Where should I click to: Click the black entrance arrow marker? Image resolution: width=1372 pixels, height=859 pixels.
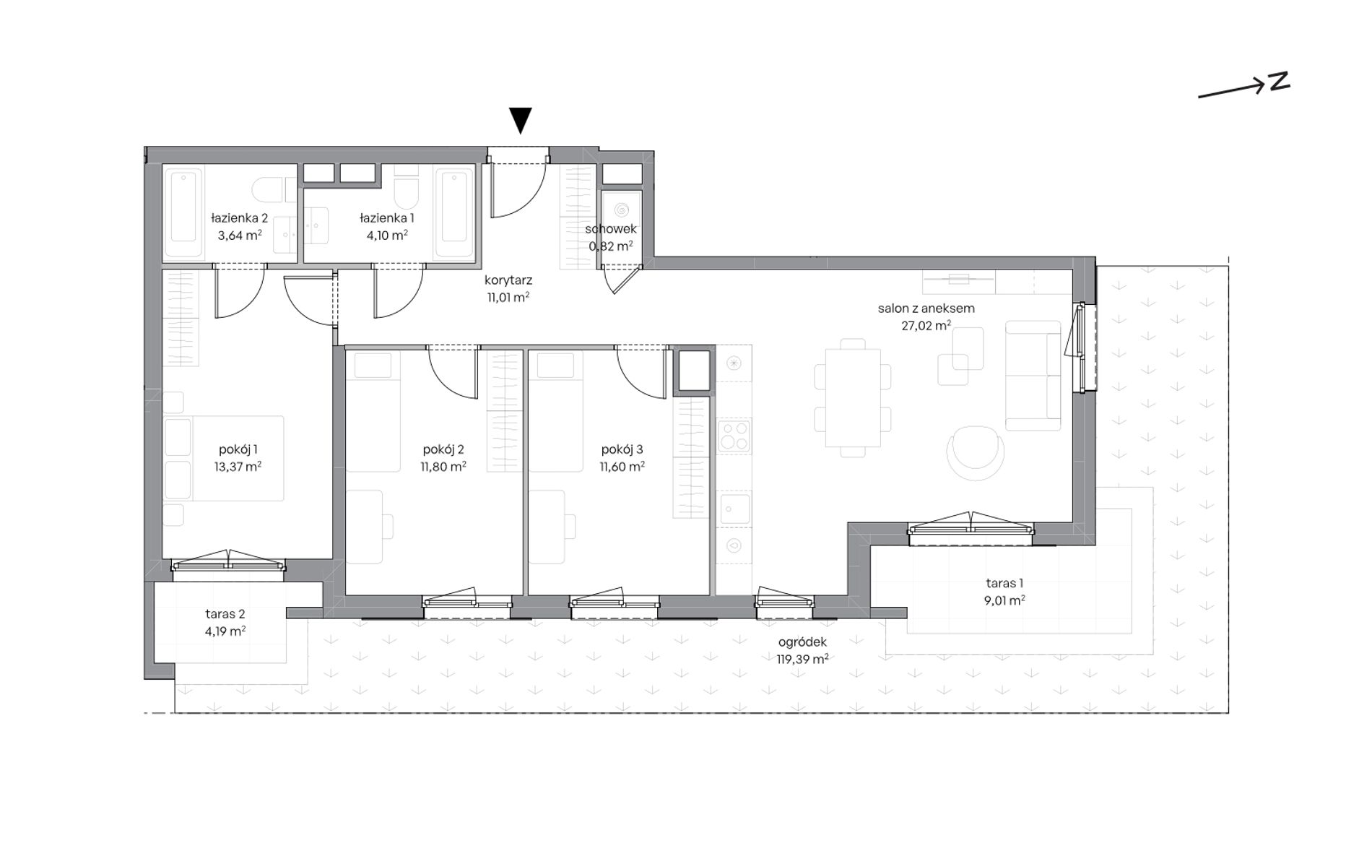tap(520, 120)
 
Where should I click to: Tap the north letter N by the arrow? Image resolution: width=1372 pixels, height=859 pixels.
tap(1280, 82)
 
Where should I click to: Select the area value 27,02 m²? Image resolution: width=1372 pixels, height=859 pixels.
tap(926, 326)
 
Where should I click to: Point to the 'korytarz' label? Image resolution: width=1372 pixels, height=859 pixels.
tap(508, 280)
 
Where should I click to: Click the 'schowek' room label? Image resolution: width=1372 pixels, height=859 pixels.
tap(611, 229)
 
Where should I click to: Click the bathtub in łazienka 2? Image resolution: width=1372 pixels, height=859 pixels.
tap(183, 206)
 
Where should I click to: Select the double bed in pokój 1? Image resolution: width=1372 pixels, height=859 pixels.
tap(224, 458)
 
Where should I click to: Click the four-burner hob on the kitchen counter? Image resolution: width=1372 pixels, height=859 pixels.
tap(734, 436)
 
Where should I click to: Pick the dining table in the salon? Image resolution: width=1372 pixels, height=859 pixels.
tap(853, 398)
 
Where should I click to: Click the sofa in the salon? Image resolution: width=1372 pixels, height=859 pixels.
tap(1033, 376)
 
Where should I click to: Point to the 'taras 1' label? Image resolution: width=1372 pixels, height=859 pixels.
tap(1004, 583)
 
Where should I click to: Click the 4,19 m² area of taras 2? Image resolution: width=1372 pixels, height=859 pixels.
tap(225, 631)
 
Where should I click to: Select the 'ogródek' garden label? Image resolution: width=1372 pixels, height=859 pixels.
tap(802, 642)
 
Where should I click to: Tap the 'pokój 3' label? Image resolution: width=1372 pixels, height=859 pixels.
tap(622, 449)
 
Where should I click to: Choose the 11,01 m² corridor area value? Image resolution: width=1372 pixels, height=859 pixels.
tap(508, 297)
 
